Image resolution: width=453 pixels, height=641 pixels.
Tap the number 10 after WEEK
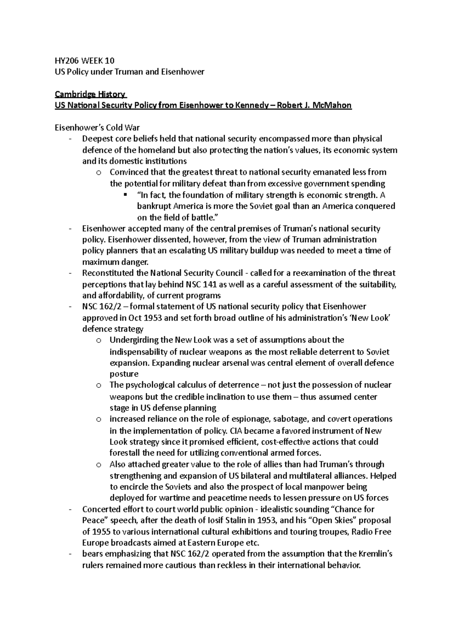pyautogui.click(x=109, y=61)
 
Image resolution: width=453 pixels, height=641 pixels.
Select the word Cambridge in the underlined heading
pyautogui.click(x=72, y=94)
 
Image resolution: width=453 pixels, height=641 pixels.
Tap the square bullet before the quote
pyautogui.click(x=126, y=195)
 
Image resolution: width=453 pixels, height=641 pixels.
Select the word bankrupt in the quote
pyautogui.click(x=154, y=206)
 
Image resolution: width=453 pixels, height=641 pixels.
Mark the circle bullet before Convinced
pyautogui.click(x=99, y=173)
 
